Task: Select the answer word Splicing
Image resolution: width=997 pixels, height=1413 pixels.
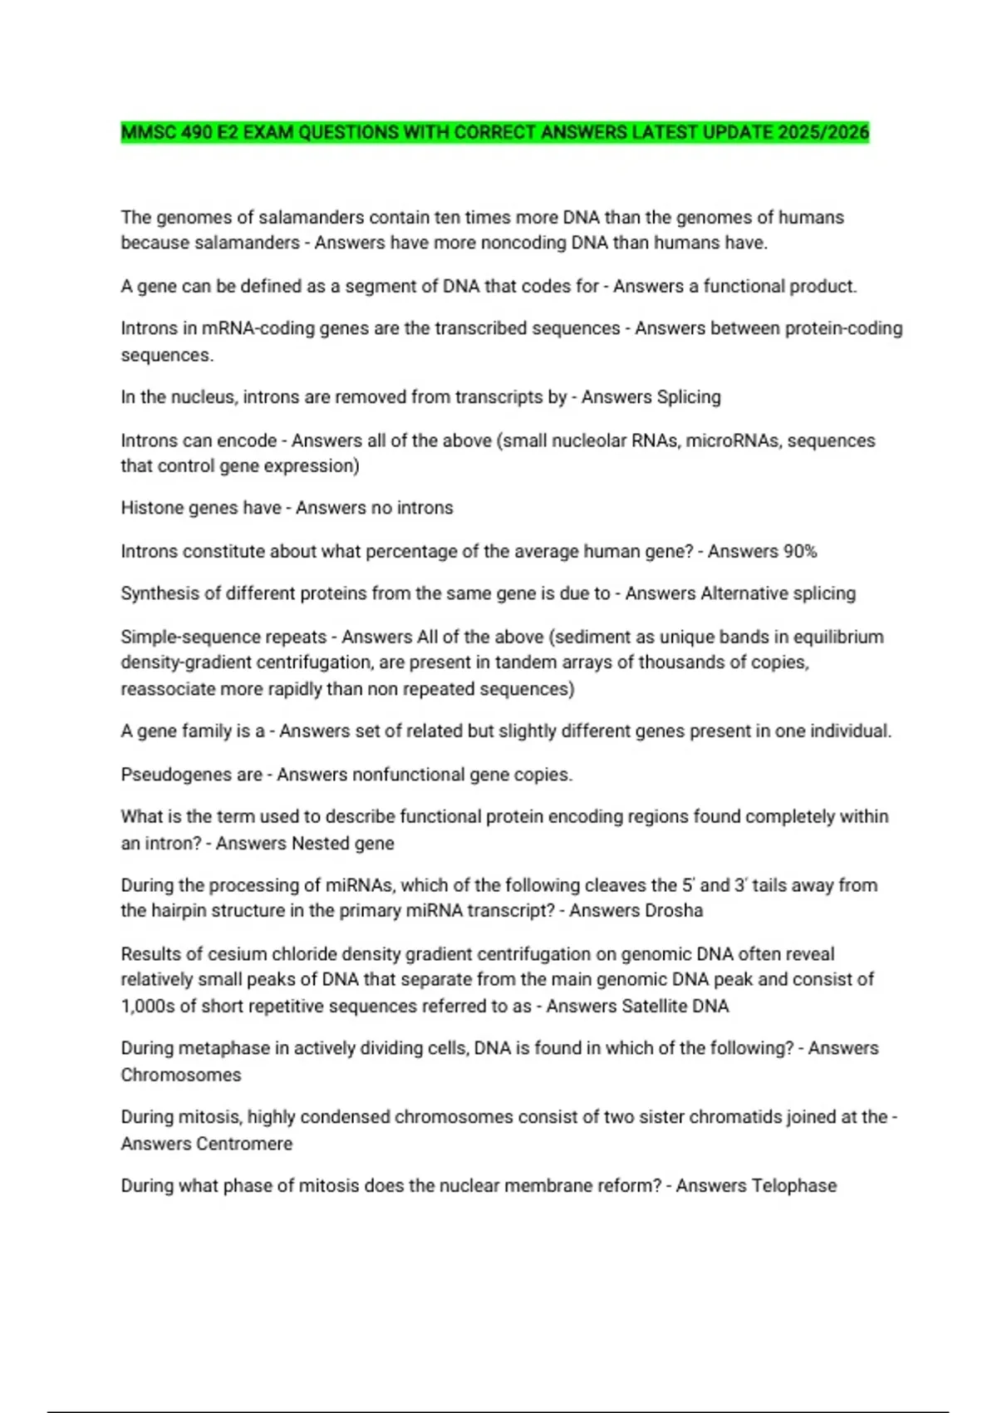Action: pos(689,397)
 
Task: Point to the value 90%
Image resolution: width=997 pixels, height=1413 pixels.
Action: pos(799,552)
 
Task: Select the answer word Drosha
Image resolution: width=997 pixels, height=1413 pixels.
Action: pos(673,911)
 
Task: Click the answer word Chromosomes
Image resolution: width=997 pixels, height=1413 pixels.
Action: pos(181,1076)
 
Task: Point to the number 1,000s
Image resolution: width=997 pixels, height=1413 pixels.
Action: pos(148,1007)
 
